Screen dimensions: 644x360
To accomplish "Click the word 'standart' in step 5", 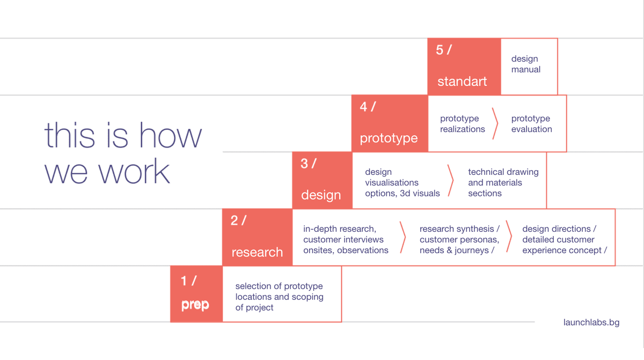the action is click(462, 82).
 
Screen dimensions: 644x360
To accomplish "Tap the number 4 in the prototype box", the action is click(363, 107).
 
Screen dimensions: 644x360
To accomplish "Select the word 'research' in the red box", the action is click(257, 252).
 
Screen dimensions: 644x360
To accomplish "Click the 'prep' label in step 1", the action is click(195, 305).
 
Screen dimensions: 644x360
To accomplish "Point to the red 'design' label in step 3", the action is click(321, 195).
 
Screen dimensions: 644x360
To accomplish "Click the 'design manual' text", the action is click(526, 64).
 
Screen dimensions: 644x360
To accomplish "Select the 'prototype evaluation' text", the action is click(532, 123).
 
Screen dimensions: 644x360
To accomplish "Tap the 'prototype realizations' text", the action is click(462, 123).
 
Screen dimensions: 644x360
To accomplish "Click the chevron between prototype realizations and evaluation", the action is click(495, 123).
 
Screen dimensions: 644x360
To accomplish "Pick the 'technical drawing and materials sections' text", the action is click(503, 182).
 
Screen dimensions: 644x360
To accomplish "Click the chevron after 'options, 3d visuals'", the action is click(451, 181).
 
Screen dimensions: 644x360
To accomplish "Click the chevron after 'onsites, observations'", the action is click(403, 237).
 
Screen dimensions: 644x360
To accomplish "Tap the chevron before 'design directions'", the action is click(509, 237).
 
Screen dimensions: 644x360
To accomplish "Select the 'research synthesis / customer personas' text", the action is click(459, 234).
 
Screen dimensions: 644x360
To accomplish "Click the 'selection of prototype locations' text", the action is click(279, 291).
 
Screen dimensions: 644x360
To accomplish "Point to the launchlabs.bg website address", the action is click(591, 322).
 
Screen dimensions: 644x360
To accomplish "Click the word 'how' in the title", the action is click(171, 135).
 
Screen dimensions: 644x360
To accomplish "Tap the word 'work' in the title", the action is click(134, 172).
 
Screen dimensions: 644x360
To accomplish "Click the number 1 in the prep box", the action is click(184, 281).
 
